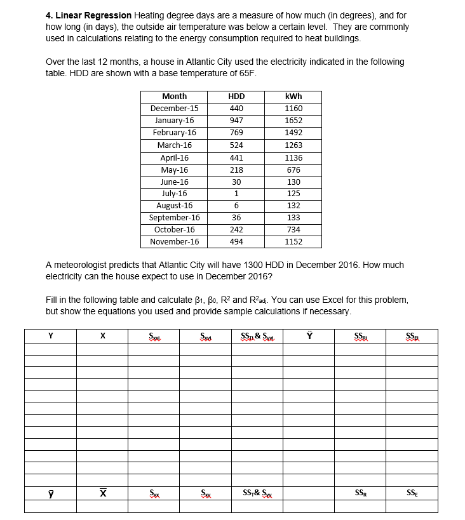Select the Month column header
[x=174, y=97]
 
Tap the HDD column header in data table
[x=236, y=97]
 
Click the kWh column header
[x=293, y=97]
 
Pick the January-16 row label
[x=174, y=121]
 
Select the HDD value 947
[x=236, y=121]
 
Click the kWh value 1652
[x=293, y=121]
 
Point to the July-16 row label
[x=174, y=194]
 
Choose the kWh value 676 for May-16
[x=293, y=170]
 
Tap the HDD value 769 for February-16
[x=236, y=133]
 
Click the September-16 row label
[x=174, y=218]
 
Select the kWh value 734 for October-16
[x=293, y=230]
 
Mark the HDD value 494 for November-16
[x=236, y=242]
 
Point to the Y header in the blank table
[x=50, y=336]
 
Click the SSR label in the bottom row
[x=360, y=493]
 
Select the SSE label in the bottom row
[x=412, y=493]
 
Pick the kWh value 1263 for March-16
[x=293, y=145]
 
